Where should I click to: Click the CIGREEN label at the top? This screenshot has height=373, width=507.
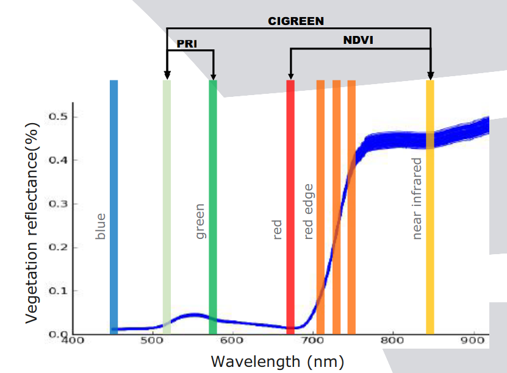(296, 21)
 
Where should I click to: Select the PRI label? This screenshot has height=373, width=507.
(187, 43)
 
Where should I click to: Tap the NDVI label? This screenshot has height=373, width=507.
(358, 41)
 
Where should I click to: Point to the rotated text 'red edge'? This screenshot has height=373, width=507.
(309, 211)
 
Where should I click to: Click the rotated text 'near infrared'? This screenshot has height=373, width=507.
(417, 199)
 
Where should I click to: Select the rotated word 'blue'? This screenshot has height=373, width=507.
(101, 226)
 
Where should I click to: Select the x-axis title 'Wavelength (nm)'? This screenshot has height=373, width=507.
(277, 361)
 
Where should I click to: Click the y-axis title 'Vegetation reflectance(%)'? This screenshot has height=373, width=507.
(33, 222)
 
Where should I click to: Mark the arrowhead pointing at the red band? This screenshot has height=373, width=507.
(290, 76)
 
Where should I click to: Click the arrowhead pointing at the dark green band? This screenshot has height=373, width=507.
(213, 76)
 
